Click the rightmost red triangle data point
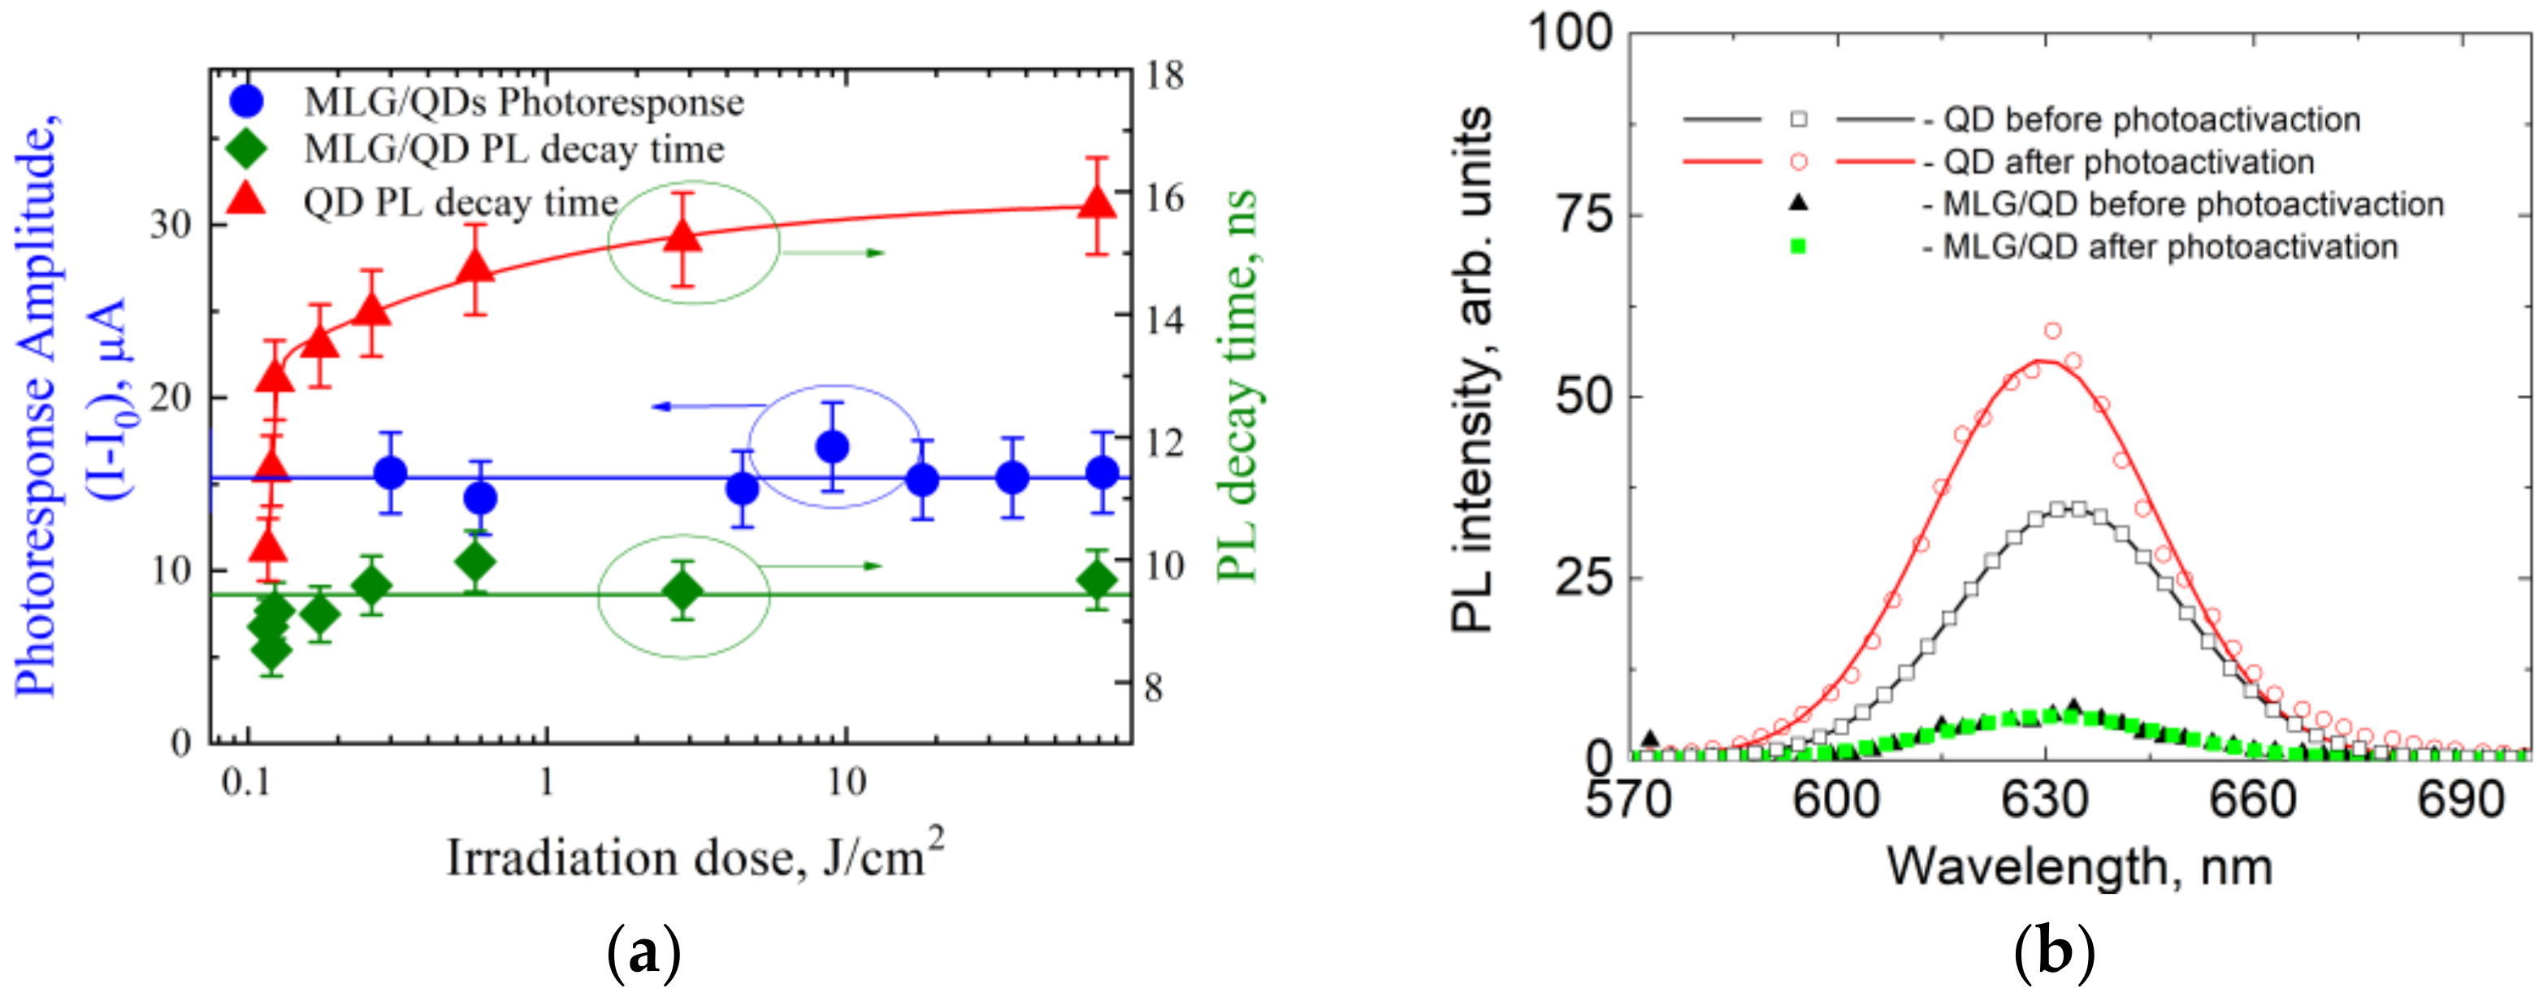[x=1097, y=203]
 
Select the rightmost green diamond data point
[x=1097, y=580]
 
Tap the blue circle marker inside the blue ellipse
[x=834, y=447]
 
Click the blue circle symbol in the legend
[x=246, y=102]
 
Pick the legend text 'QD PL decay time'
[x=460, y=203]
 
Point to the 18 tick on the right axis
[x=1165, y=75]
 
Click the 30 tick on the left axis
[x=170, y=225]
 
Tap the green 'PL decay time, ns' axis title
[x=1236, y=385]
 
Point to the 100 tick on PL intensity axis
[x=1570, y=33]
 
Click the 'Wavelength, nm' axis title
[x=2079, y=867]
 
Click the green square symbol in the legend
[x=1798, y=247]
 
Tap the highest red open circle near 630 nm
[x=2052, y=331]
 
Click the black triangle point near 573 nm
[x=1649, y=737]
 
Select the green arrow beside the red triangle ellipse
[x=834, y=254]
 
